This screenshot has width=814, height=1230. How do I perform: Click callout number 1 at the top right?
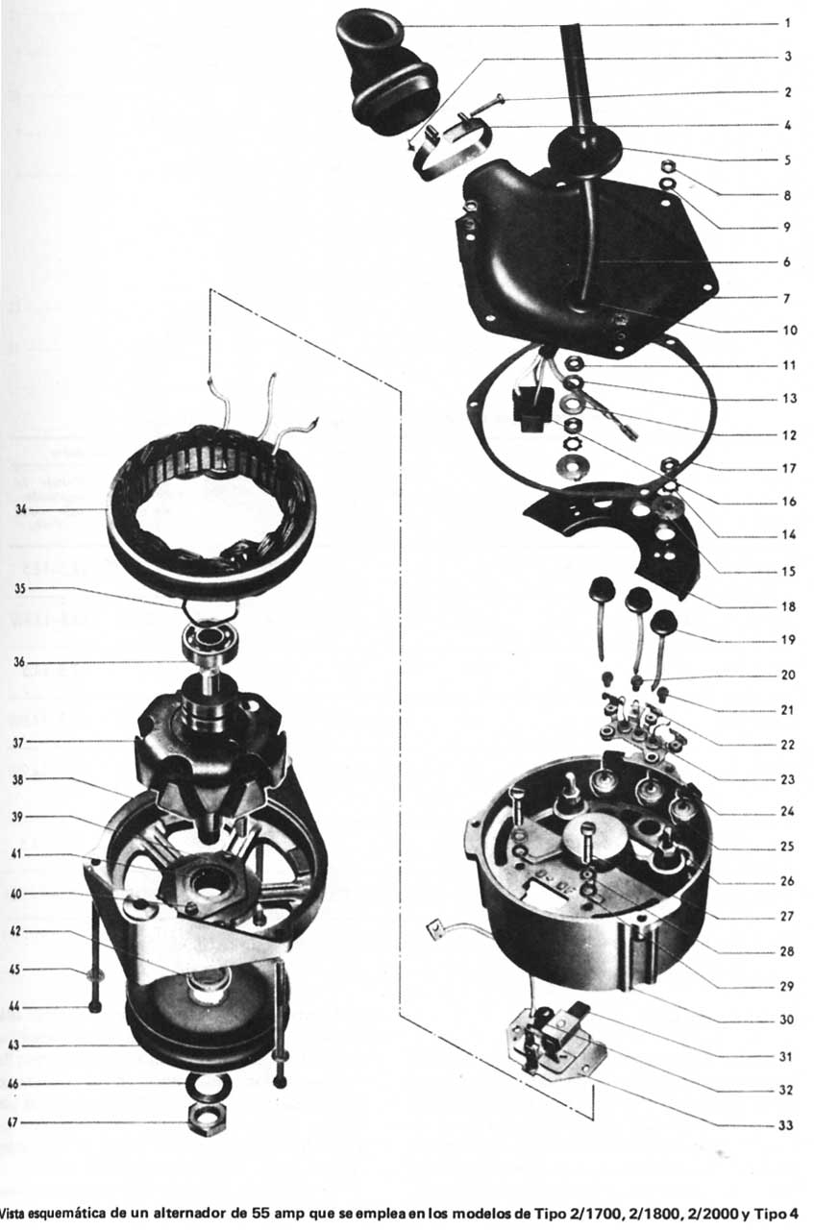point(787,23)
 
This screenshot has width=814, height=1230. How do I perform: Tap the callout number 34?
point(20,509)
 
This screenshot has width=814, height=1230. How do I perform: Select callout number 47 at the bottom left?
point(12,1122)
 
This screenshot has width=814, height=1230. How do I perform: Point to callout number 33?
point(787,1123)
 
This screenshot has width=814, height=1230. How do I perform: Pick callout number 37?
point(20,742)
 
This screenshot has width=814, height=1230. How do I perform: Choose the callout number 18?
point(787,607)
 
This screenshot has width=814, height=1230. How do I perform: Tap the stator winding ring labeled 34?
point(211,509)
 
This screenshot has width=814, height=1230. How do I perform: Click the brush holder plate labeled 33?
point(553,1043)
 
